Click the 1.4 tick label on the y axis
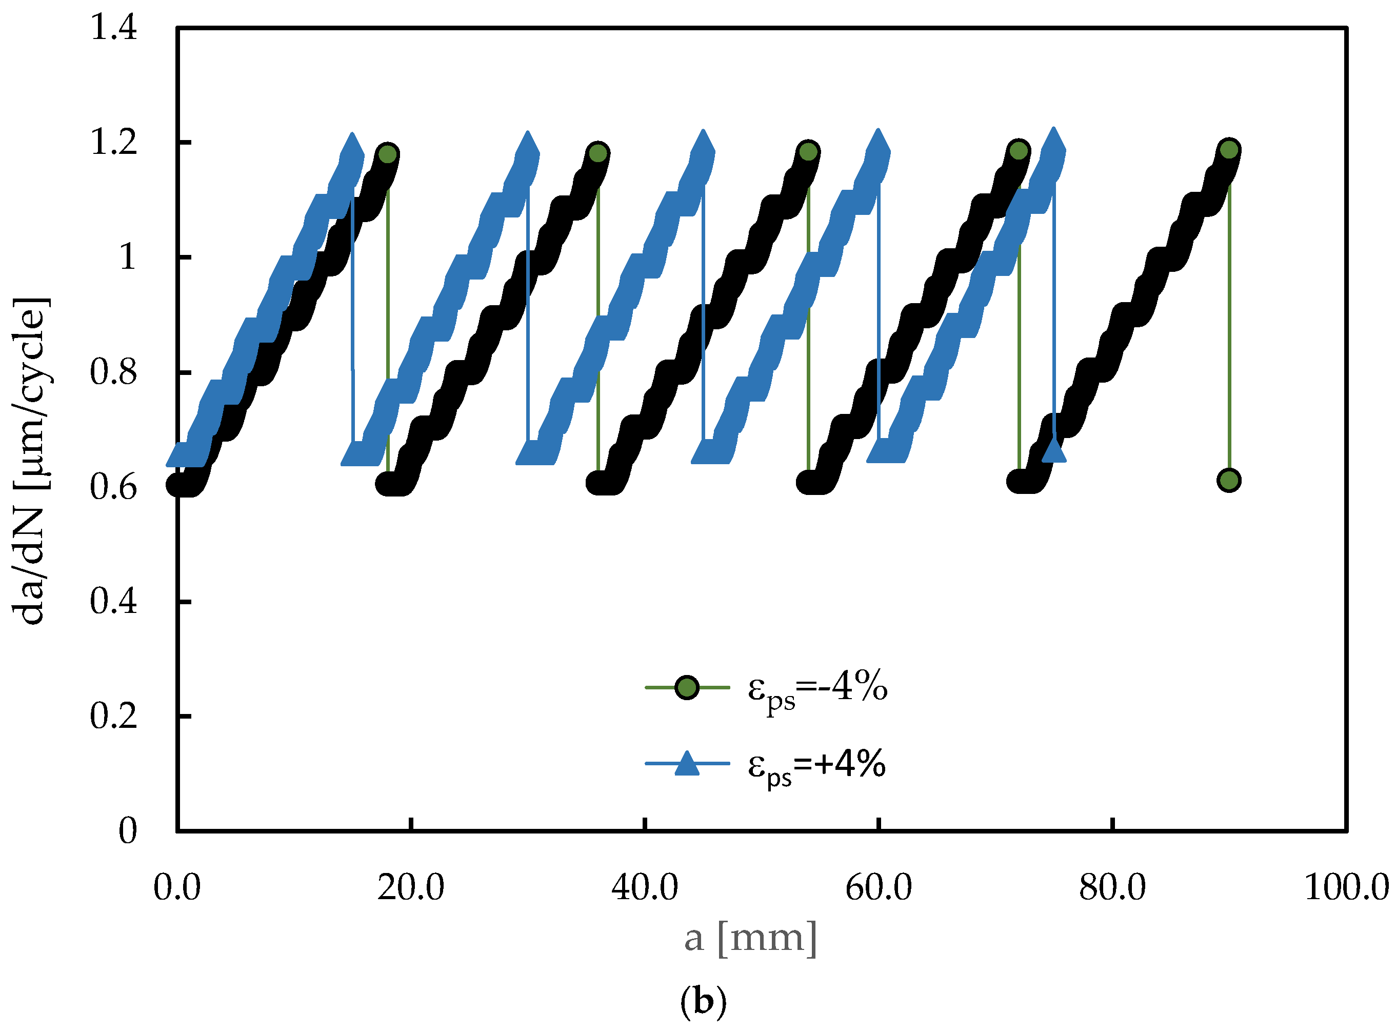(x=114, y=28)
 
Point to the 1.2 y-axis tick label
(x=114, y=143)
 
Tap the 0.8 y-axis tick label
(x=114, y=372)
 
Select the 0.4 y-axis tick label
(x=114, y=602)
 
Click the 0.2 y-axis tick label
(x=114, y=716)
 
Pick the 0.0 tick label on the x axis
(x=177, y=887)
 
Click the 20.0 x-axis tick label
(x=411, y=887)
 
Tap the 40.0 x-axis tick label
(x=645, y=887)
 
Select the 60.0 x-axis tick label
(x=879, y=887)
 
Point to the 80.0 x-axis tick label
(x=1112, y=887)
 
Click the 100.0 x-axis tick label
(x=1347, y=887)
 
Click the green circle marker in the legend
(x=687, y=688)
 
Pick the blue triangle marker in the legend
(x=687, y=763)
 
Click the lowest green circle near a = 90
(x=1229, y=481)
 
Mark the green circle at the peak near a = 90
(x=1229, y=149)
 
